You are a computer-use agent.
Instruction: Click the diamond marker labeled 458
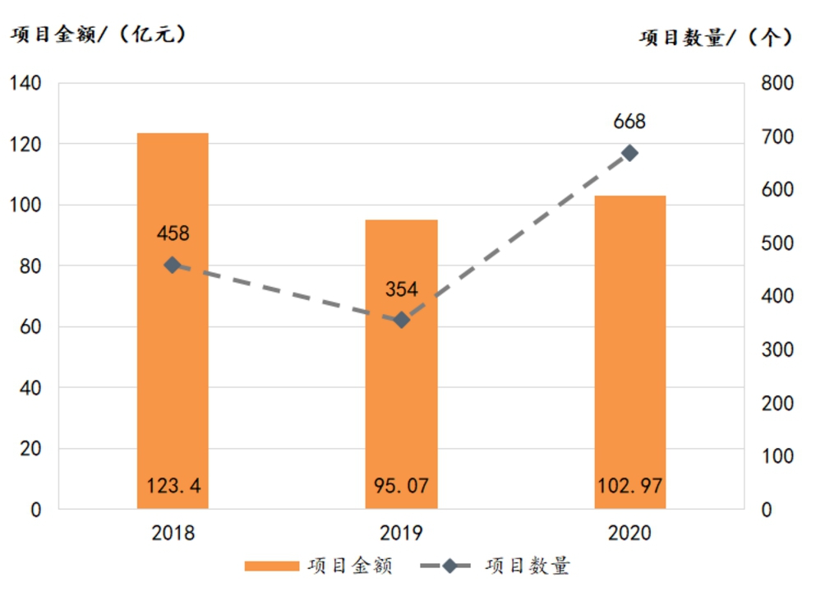(173, 266)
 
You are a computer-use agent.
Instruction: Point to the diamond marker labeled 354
(402, 320)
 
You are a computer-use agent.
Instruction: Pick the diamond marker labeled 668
(630, 153)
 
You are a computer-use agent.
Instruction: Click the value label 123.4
(173, 486)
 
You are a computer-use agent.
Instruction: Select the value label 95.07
(402, 486)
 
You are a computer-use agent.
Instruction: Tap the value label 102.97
(630, 486)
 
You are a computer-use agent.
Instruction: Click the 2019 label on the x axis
(402, 534)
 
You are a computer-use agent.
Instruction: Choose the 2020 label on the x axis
(630, 534)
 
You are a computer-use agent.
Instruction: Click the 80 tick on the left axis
(30, 266)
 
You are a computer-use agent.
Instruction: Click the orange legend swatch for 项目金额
(271, 566)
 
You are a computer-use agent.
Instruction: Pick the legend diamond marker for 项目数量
(449, 566)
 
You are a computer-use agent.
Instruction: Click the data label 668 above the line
(630, 123)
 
